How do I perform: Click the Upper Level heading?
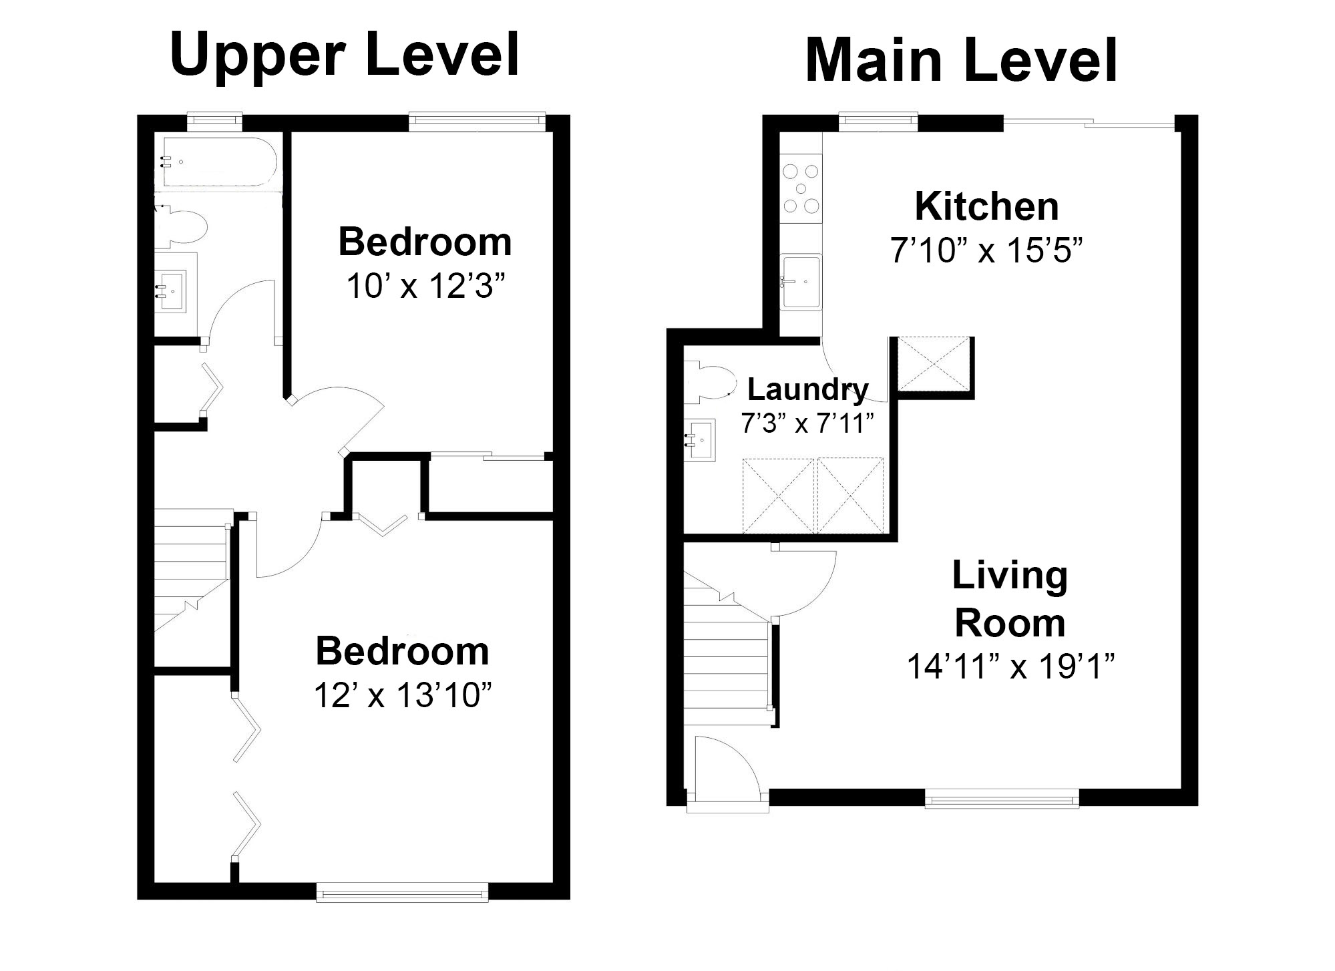coord(345,56)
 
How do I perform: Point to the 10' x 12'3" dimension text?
coord(425,287)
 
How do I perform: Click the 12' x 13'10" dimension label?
coord(403,696)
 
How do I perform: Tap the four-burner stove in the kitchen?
coord(801,188)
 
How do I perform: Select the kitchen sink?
coord(801,281)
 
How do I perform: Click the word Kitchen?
coord(986,206)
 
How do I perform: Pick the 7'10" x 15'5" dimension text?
coord(986,251)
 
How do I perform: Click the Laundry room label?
coord(807,389)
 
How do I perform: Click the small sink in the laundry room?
coord(700,439)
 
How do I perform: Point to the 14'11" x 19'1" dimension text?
coord(1010,666)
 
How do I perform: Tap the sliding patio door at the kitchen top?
coord(1089,123)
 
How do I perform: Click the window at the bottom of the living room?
coord(1001,798)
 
